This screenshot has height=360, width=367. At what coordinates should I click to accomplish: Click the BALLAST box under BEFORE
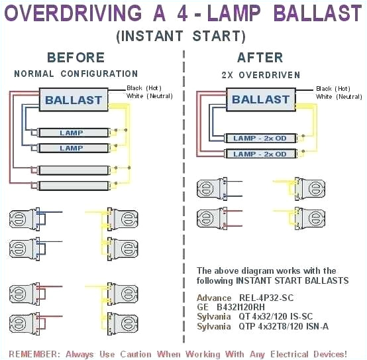click(x=73, y=101)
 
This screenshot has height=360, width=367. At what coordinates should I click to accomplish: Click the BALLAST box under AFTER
click(x=260, y=100)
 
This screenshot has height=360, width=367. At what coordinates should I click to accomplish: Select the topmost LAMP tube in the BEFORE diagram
click(x=72, y=133)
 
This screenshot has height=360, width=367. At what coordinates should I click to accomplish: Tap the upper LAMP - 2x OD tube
click(x=260, y=138)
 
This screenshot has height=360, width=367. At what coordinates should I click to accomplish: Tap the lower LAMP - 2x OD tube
click(x=260, y=154)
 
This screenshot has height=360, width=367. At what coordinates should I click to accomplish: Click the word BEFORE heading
click(x=76, y=58)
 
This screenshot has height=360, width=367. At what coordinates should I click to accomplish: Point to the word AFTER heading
click(x=260, y=58)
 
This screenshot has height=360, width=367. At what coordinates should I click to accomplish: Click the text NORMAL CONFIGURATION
click(x=76, y=74)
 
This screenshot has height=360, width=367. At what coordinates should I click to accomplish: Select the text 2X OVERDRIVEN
click(x=260, y=74)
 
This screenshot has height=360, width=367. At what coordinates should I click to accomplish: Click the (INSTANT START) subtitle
click(x=181, y=36)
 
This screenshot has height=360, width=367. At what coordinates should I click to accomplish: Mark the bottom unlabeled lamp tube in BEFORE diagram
click(x=72, y=186)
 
